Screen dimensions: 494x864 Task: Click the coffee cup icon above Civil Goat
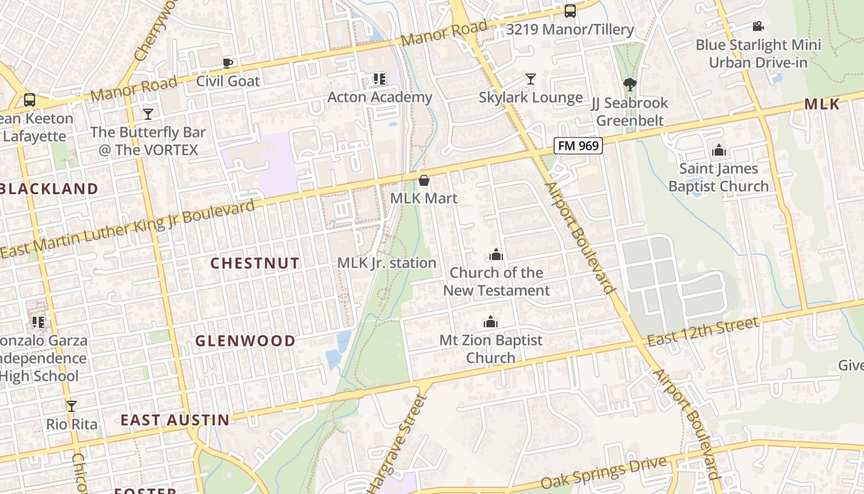228,62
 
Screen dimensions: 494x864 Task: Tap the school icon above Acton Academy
379,79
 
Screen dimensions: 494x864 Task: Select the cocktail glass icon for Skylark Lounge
530,79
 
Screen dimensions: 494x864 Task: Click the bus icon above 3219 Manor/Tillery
570,11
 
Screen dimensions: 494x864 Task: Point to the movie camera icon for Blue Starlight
758,27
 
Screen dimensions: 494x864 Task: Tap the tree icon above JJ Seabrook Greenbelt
629,85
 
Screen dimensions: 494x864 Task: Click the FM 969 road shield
578,146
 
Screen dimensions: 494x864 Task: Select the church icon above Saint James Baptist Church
718,151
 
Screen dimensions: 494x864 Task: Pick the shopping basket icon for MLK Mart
424,180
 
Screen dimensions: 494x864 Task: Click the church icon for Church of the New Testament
496,254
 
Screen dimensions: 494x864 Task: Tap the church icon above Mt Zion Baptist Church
491,322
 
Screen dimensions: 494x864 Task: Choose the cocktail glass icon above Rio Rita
72,406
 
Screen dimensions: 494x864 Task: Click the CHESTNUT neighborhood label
255,263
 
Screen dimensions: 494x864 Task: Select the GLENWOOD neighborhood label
246,341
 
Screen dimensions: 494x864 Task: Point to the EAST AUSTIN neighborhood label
175,421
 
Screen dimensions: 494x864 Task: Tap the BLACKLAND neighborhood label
49,189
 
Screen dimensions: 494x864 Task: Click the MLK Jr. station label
386,263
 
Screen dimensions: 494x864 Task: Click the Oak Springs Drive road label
604,472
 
